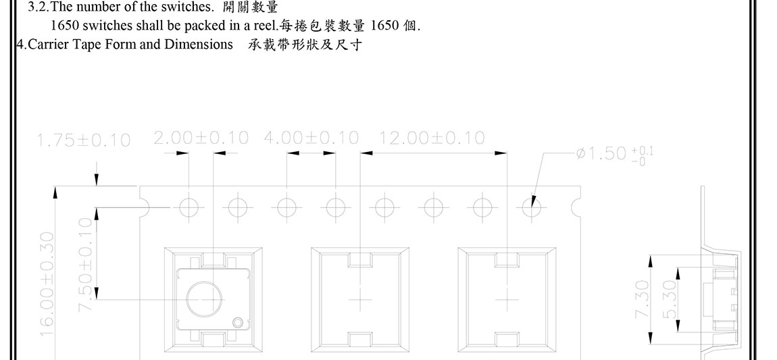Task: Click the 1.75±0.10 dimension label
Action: click(x=84, y=140)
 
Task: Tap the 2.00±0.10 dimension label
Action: click(x=201, y=138)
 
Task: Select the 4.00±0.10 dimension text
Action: click(x=311, y=138)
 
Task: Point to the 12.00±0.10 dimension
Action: click(x=432, y=138)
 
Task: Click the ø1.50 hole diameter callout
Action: click(x=614, y=153)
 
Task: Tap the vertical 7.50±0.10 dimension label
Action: click(x=86, y=265)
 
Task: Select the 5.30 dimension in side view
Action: click(x=669, y=300)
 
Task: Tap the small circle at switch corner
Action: click(x=238, y=323)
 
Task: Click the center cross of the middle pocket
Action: click(x=360, y=298)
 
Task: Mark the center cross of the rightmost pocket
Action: click(x=507, y=298)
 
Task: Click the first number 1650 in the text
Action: click(x=64, y=27)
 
